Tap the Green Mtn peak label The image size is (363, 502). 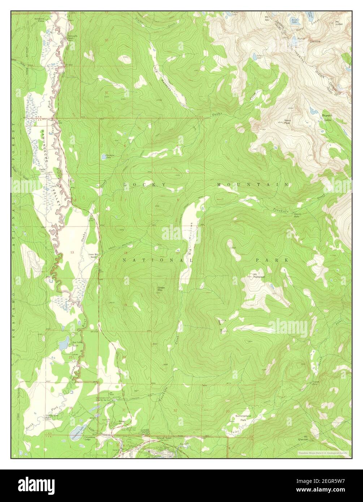[161, 289]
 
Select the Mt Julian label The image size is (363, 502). [338, 23]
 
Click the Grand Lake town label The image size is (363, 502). [163, 438]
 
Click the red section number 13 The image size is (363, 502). [72, 252]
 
